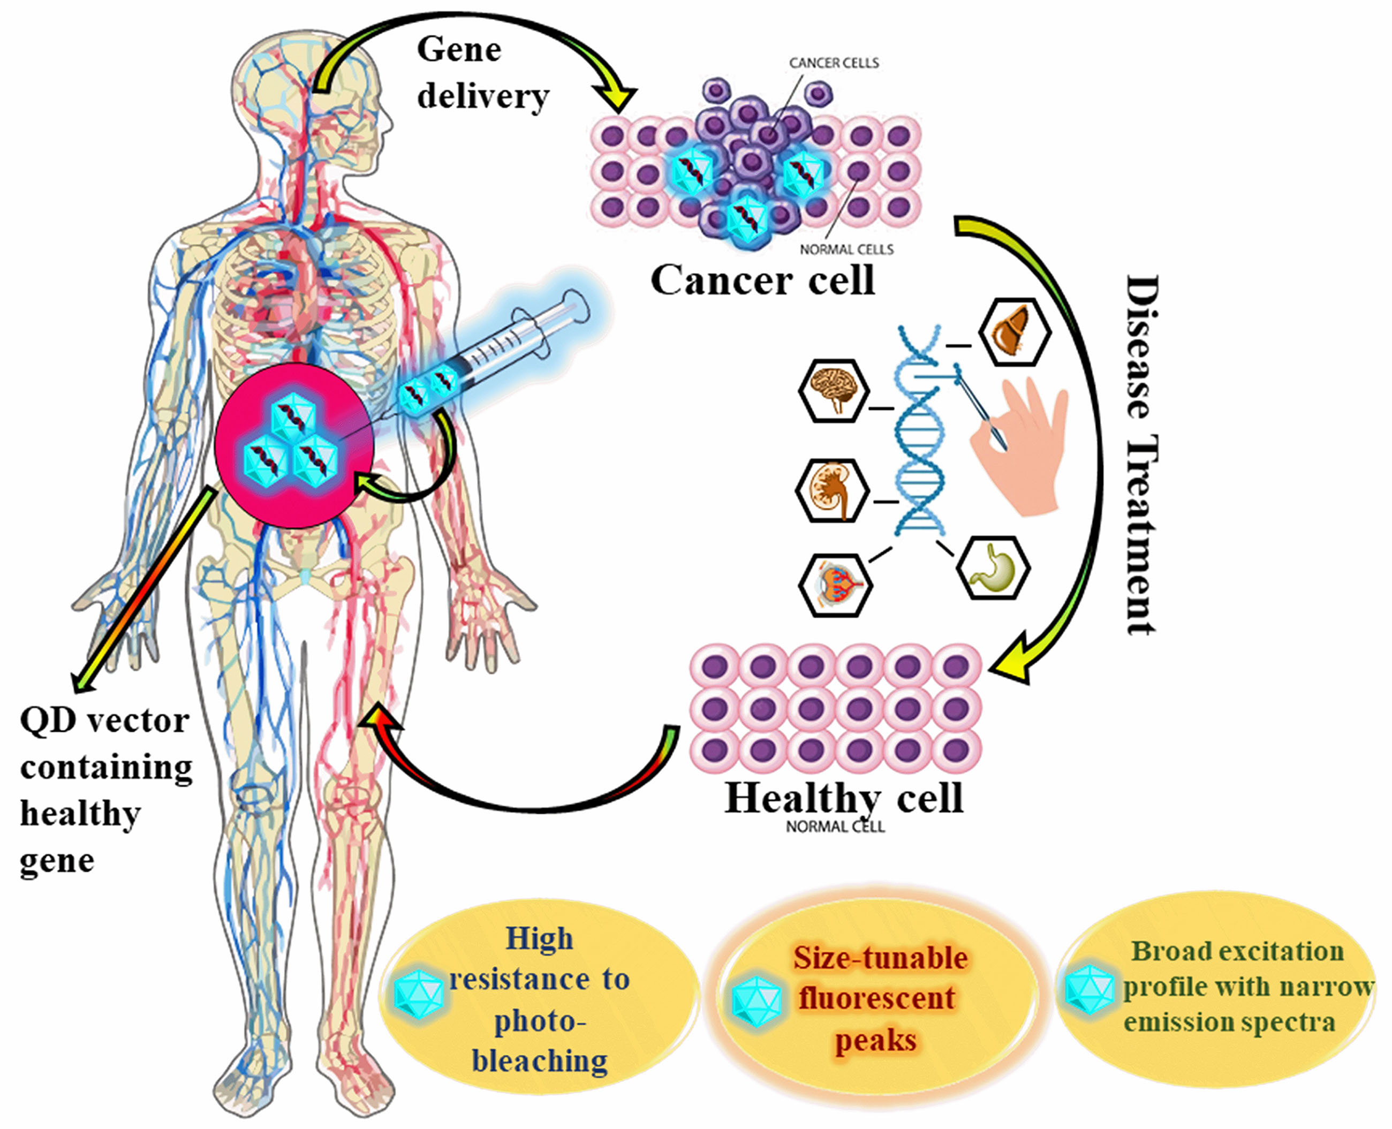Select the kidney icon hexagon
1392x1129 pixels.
pos(832,491)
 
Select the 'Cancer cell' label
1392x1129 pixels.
pos(762,281)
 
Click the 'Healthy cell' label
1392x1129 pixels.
pos(844,798)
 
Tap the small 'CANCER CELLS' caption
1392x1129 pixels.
pos(834,63)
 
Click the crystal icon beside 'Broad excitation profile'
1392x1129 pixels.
pos(1090,990)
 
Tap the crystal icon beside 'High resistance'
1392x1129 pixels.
pos(420,994)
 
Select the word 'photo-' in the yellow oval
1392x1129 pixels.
pos(539,1022)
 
